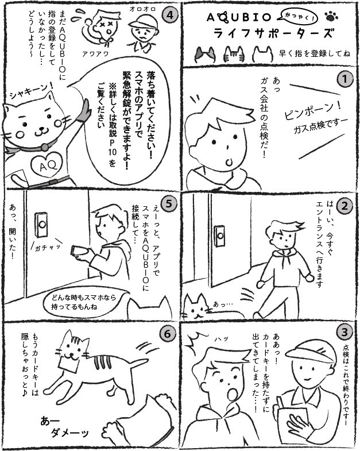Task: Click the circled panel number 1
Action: tap(344, 79)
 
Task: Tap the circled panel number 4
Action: tap(169, 15)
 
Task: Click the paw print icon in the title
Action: tap(331, 17)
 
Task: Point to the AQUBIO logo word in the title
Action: tap(239, 18)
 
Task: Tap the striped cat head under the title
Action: tap(234, 54)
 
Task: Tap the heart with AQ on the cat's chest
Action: tap(47, 164)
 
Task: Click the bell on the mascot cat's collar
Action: tap(44, 147)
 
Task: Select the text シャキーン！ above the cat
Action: tap(31, 91)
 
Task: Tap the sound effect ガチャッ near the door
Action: tap(48, 248)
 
